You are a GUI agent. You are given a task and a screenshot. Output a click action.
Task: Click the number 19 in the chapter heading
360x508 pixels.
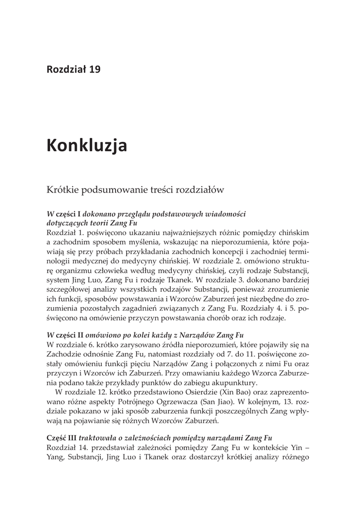(94, 69)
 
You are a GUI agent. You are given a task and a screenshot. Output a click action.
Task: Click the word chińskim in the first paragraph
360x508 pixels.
(294, 233)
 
